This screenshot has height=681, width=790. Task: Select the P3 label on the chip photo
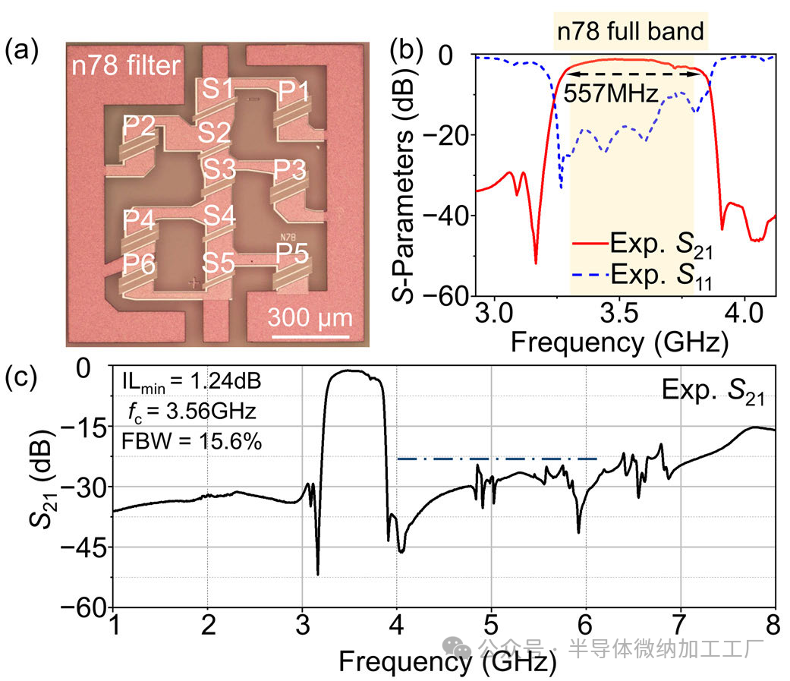coord(290,170)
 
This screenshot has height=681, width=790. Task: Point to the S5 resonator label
coord(217,263)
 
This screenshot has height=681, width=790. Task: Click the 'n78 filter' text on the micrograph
coord(125,66)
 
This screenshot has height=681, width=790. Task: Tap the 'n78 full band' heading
coord(631,32)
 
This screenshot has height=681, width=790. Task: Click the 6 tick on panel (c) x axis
coord(585,629)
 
